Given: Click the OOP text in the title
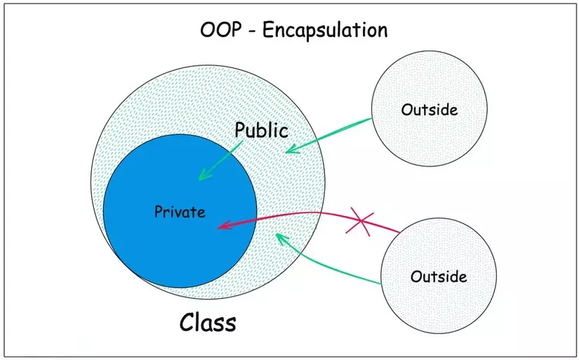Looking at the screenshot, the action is pyautogui.click(x=221, y=30).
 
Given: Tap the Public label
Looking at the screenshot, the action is pyautogui.click(x=262, y=131).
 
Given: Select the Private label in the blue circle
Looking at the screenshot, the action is pyautogui.click(x=180, y=212).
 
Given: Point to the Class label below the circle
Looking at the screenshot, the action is pyautogui.click(x=208, y=322).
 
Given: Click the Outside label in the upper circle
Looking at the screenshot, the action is pyautogui.click(x=430, y=109).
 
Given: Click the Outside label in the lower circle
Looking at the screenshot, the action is pyautogui.click(x=439, y=276).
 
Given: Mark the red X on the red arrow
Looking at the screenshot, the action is pyautogui.click(x=359, y=221).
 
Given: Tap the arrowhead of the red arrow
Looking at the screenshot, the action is pyautogui.click(x=224, y=225).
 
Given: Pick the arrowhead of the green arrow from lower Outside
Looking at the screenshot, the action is pyautogui.click(x=281, y=238).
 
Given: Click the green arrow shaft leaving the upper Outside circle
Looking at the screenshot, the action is pyautogui.click(x=329, y=135).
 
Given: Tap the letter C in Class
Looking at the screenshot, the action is pyautogui.click(x=187, y=322).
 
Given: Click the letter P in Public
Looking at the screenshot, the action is pyautogui.click(x=239, y=130).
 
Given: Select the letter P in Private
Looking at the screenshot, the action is pyautogui.click(x=158, y=212).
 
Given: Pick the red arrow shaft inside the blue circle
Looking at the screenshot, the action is pyautogui.click(x=237, y=221).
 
